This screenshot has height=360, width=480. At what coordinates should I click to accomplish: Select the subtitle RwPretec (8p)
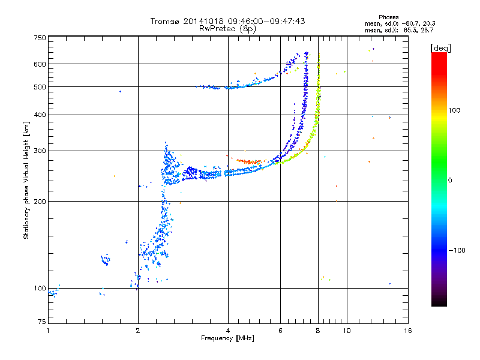pos(227,28)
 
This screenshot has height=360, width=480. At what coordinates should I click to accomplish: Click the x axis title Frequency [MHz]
pos(227,338)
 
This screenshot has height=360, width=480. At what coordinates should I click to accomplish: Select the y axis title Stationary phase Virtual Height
pos(26,180)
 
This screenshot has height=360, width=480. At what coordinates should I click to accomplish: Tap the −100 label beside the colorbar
pos(458,250)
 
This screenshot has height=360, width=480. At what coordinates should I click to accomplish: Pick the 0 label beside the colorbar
pos(451,180)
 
